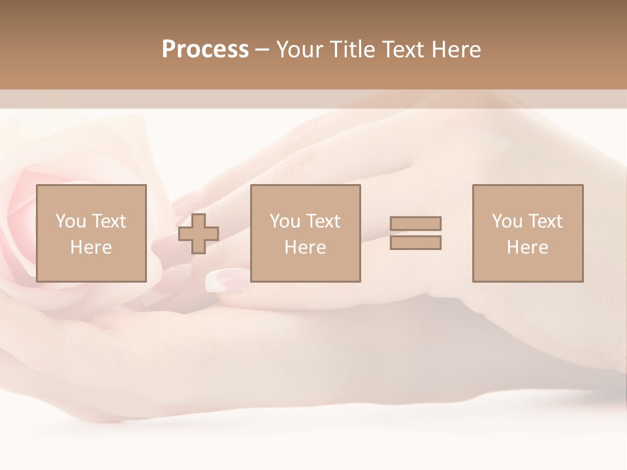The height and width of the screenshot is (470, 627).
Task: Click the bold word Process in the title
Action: click(x=205, y=50)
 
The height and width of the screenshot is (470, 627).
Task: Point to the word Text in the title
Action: click(x=403, y=50)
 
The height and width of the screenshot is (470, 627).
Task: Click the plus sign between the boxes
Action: click(x=199, y=234)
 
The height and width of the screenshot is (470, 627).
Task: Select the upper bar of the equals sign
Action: click(x=415, y=223)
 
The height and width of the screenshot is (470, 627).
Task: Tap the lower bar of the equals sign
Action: click(x=415, y=243)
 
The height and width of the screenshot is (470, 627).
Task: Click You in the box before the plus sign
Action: click(x=70, y=221)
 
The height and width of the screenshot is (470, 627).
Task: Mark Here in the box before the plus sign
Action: click(x=91, y=247)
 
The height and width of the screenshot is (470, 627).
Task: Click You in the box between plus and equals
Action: click(x=285, y=221)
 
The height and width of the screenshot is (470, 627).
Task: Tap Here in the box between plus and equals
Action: click(x=306, y=247)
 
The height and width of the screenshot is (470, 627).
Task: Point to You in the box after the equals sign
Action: click(x=507, y=221)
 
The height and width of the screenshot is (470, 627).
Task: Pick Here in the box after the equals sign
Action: click(x=528, y=247)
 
